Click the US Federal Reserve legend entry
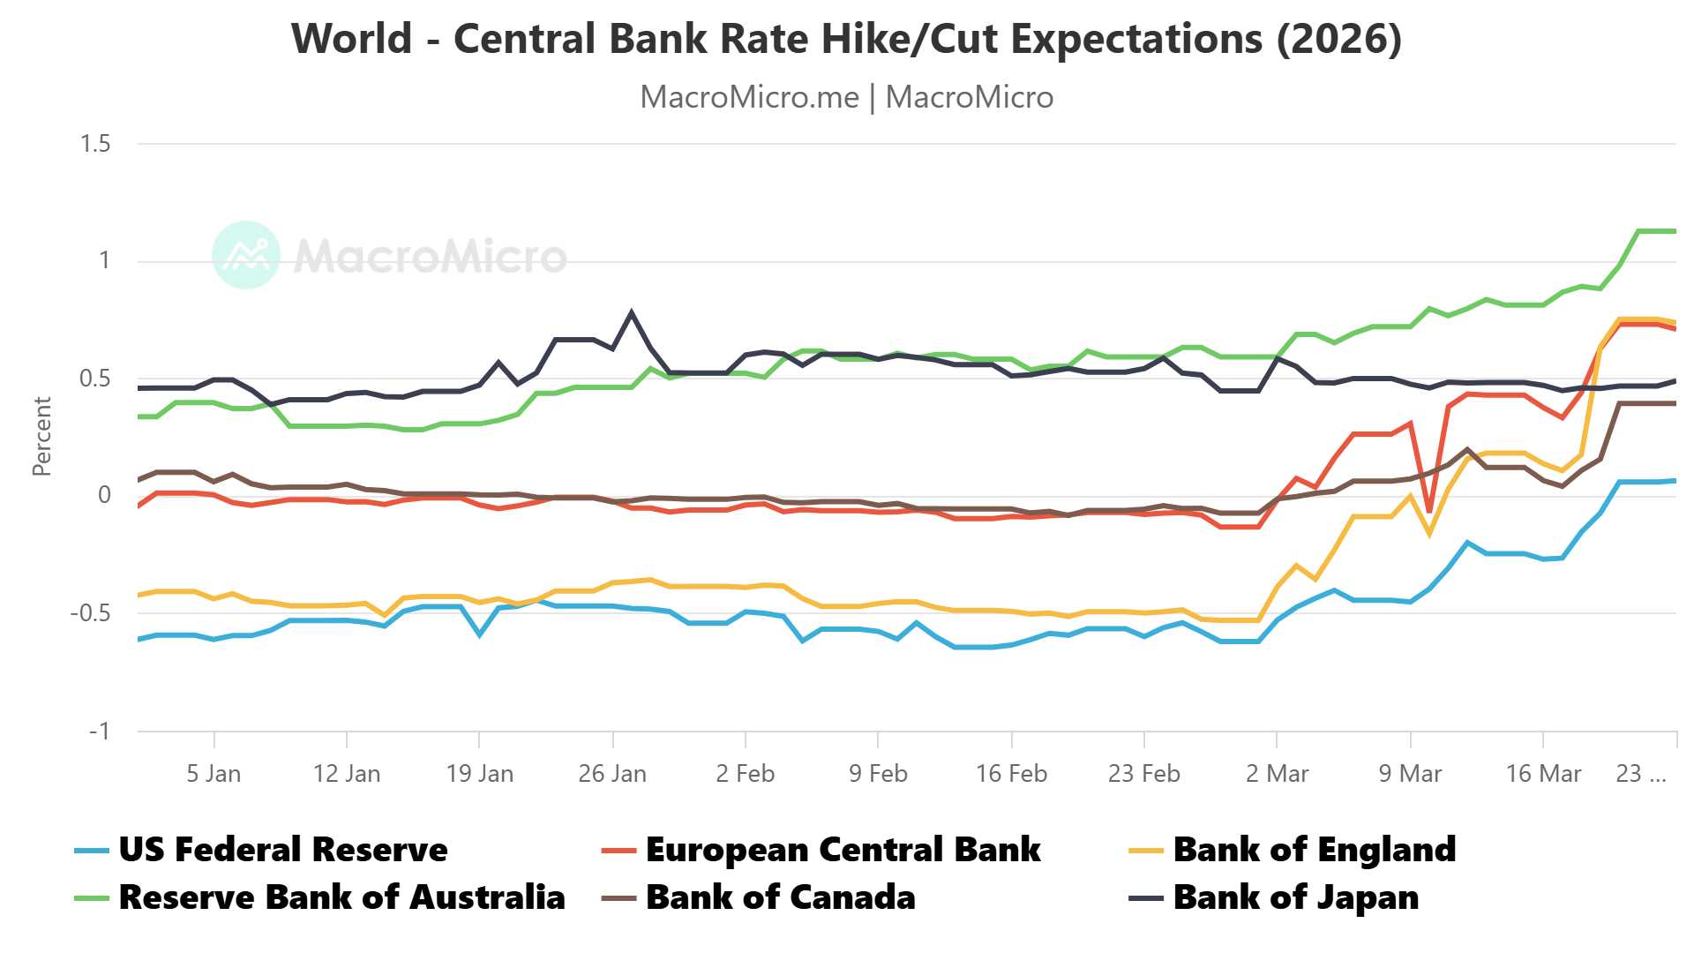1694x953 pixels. [x=282, y=850]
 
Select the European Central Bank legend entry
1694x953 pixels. [x=843, y=850]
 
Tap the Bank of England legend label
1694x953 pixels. [x=1314, y=850]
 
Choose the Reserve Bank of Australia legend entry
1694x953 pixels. [x=341, y=897]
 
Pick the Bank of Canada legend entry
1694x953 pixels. [x=780, y=897]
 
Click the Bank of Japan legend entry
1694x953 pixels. [x=1295, y=897]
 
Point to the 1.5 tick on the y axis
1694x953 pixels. [x=95, y=144]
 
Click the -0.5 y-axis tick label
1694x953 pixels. [x=90, y=613]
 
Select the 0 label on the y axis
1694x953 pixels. [x=104, y=495]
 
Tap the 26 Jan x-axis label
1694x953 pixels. [x=612, y=774]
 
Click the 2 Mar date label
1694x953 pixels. [x=1277, y=774]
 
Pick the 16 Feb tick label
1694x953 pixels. [x=1011, y=774]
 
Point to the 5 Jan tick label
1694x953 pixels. [x=214, y=774]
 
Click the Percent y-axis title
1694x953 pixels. [x=41, y=437]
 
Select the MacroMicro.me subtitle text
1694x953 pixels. [x=749, y=97]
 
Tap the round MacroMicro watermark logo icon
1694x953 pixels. [x=246, y=255]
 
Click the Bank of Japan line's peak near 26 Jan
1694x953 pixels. [x=631, y=311]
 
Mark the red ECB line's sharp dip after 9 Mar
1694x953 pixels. [x=1429, y=511]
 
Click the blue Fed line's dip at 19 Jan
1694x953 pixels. [x=479, y=634]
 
